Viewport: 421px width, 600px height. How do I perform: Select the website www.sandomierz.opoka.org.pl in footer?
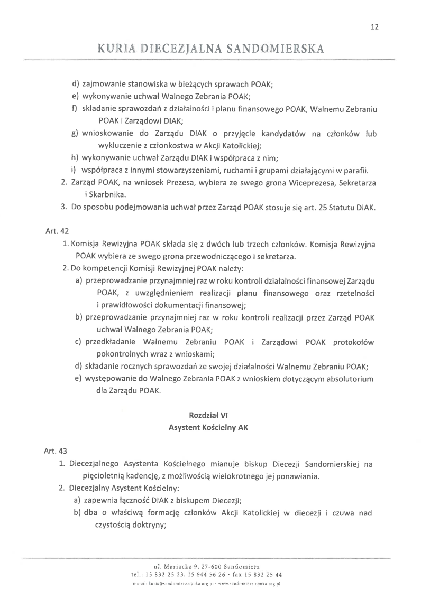(x=249, y=584)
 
